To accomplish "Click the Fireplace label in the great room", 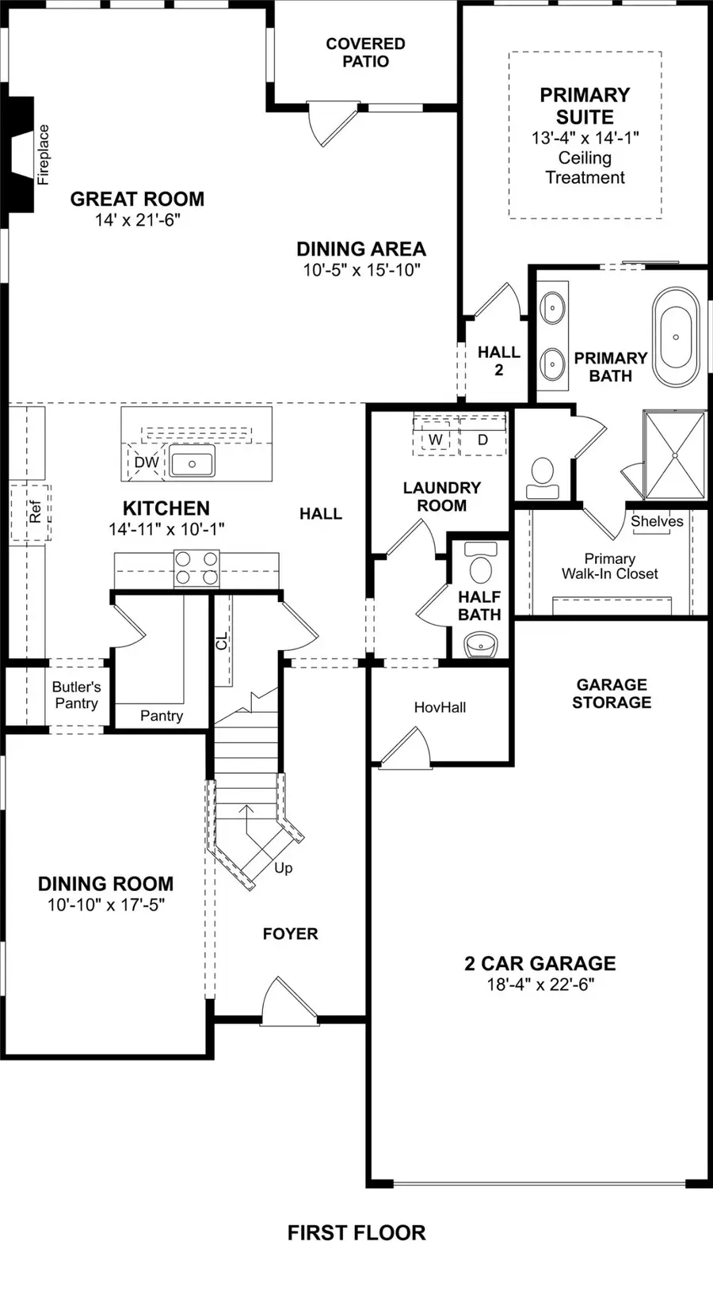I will point(44,154).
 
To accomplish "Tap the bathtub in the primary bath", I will point(676,337).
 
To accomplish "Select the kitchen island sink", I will point(192,463).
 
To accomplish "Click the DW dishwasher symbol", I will point(147,463).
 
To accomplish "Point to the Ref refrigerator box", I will point(32,513).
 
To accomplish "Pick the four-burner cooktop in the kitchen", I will point(196,569).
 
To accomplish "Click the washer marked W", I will point(435,440).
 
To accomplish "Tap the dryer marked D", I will point(482,440).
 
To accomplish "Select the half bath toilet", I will point(480,564).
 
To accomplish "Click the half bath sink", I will point(480,645).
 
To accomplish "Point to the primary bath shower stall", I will point(674,455).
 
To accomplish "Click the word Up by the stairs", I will point(284,868).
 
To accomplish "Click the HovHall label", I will point(440,707).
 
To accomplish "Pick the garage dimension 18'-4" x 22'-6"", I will point(540,984).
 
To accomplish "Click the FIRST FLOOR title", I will point(356,1232).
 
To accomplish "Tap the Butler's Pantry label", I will point(76,695).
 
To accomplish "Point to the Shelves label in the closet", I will point(657,521).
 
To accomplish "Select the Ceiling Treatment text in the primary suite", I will point(585,168).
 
